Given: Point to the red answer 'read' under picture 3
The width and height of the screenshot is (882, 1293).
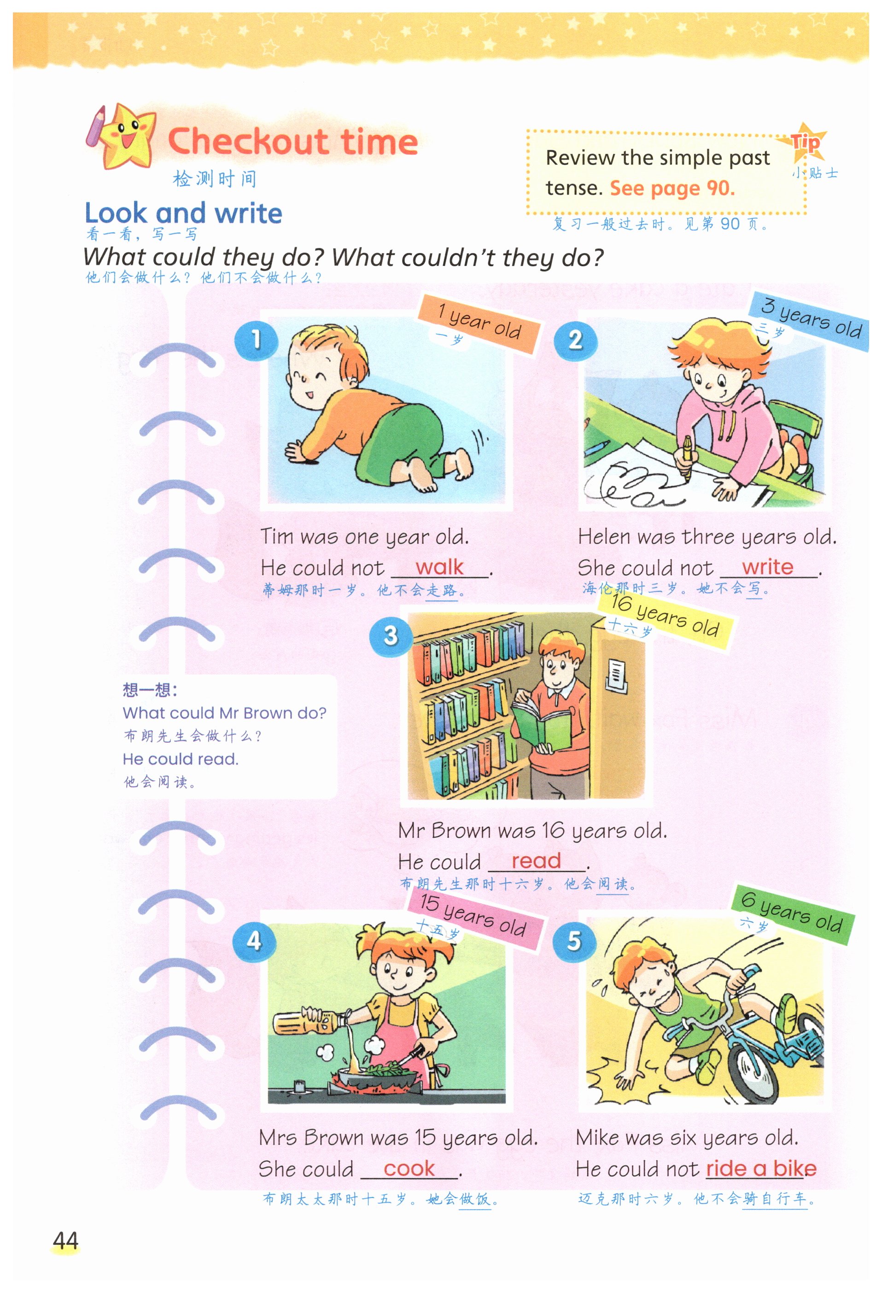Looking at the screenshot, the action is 536,861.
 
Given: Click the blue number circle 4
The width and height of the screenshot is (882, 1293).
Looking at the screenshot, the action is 254,941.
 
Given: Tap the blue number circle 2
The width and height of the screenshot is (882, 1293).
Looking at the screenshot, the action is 576,340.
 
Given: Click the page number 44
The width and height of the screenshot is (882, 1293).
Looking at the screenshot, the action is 65,1241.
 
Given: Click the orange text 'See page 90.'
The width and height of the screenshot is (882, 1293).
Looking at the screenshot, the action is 672,188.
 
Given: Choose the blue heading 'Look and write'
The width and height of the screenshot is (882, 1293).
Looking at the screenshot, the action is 183,213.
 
